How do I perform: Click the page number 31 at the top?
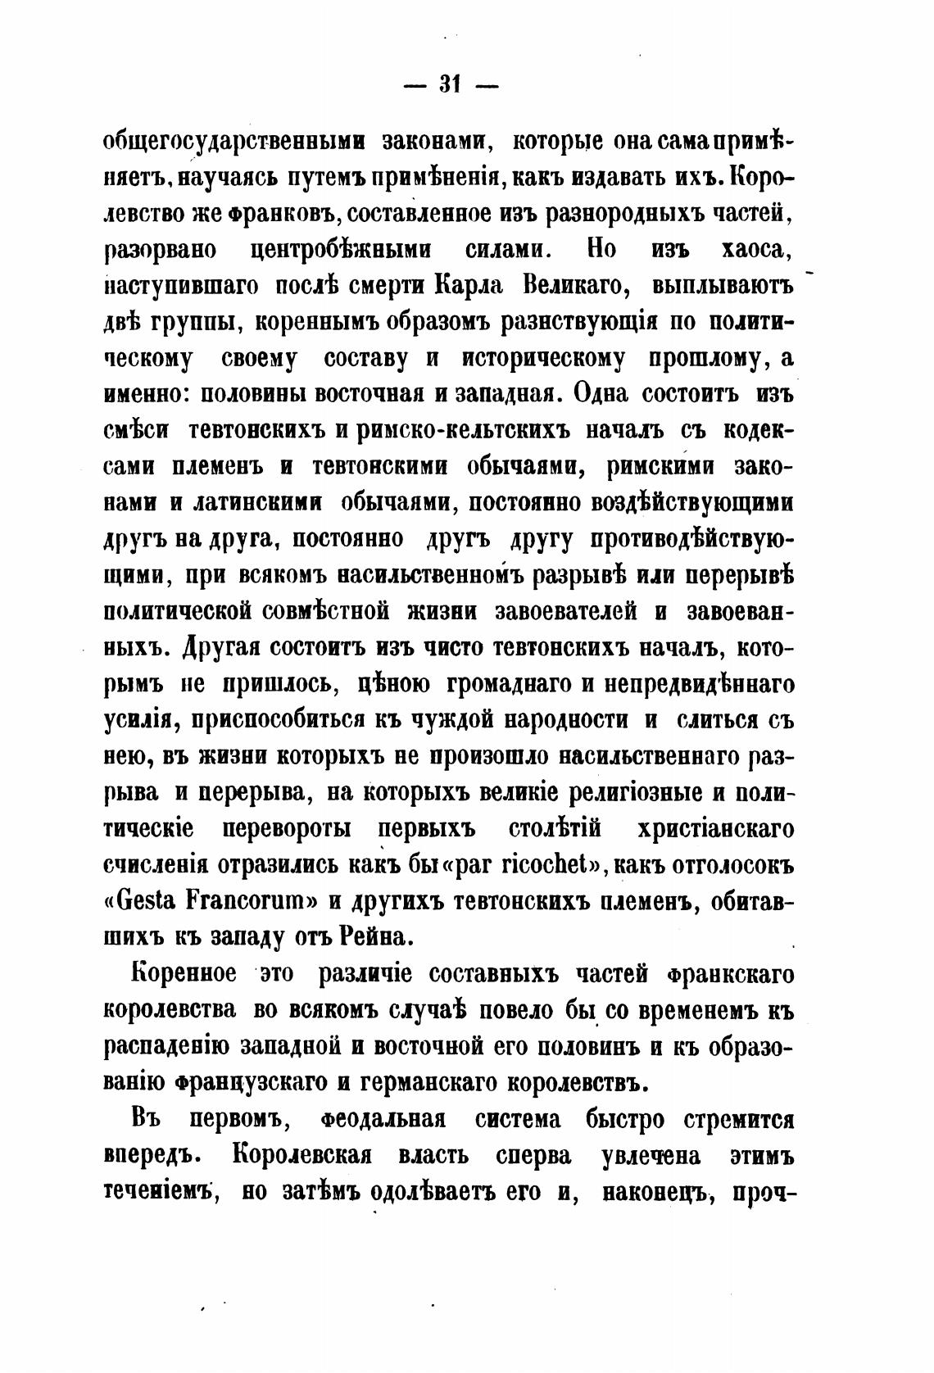pos(450,84)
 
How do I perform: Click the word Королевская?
pos(302,1156)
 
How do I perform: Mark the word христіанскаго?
pos(714,828)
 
